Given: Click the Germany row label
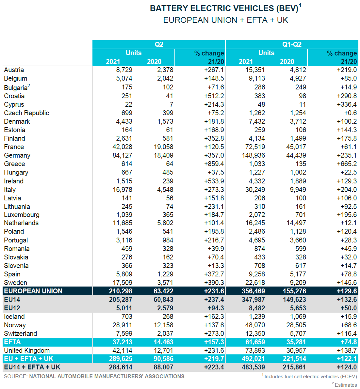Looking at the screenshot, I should [17, 155].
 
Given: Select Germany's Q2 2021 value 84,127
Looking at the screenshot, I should [122, 155].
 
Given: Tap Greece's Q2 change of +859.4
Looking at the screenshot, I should [214, 164].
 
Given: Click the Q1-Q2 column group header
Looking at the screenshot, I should [292, 44].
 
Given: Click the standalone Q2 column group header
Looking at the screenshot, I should [159, 44].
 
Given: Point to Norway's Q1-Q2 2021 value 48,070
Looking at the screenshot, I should [255, 325].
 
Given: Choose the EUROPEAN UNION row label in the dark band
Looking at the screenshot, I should [33, 291].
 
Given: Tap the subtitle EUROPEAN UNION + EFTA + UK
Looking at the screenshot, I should [225, 20].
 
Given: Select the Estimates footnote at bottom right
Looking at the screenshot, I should [346, 385].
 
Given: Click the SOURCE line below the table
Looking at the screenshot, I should [94, 376].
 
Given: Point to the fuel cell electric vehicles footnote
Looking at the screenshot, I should [310, 377].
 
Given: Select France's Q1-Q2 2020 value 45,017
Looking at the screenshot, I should [296, 147].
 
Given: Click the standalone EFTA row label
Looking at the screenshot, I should [12, 342].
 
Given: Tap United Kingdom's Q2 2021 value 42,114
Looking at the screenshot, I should [122, 350].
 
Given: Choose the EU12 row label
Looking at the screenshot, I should [12, 308].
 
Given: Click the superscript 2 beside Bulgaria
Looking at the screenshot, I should [29, 86].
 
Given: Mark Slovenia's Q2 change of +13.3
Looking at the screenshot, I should [216, 266].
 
